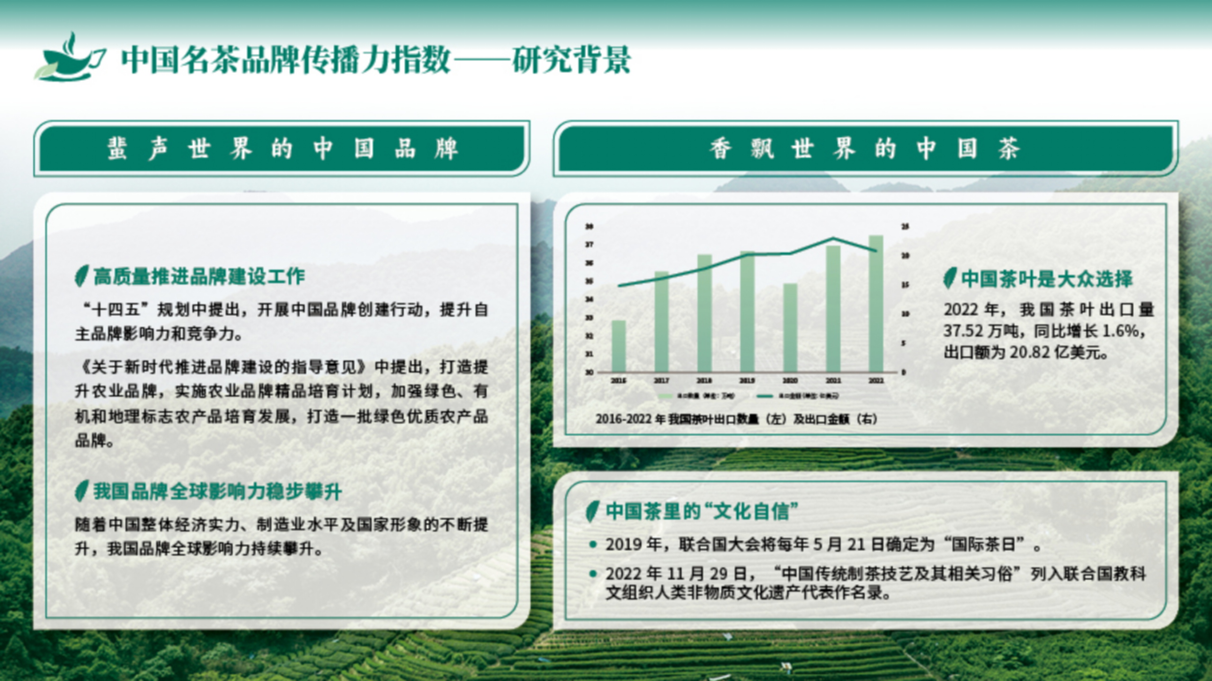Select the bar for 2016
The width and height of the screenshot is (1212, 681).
[619, 346]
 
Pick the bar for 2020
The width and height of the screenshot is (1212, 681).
[790, 327]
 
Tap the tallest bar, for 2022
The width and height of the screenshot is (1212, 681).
[876, 304]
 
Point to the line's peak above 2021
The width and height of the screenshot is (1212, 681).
[833, 238]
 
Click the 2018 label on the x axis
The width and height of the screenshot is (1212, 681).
[704, 381]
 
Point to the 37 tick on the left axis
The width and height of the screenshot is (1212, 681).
[589, 244]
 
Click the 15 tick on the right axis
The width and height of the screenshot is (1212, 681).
[905, 285]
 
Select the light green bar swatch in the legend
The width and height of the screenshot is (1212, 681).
[665, 396]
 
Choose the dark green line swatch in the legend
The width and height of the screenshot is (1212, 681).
[765, 396]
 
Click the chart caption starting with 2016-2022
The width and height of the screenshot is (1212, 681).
[736, 419]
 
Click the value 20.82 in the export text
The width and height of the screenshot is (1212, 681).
[1030, 352]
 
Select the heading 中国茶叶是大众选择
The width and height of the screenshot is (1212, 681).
[1047, 279]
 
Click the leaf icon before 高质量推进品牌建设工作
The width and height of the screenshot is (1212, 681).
[82, 276]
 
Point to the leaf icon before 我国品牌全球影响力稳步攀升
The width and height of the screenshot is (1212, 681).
[82, 491]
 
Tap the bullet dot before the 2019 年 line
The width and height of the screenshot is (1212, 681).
[592, 545]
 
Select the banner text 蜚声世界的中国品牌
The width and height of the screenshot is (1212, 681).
[282, 148]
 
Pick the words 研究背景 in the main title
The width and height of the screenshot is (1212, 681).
[571, 60]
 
